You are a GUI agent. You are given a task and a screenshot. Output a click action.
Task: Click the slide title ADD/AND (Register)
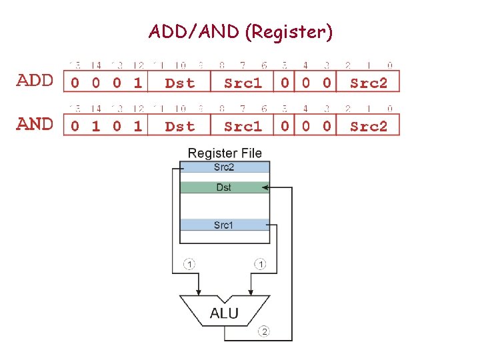[x=241, y=31]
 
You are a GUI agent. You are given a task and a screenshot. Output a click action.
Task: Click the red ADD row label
[x=35, y=81]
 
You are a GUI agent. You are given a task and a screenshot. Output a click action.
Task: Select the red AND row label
[x=35, y=125]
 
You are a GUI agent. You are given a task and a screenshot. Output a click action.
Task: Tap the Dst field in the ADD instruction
[x=179, y=83]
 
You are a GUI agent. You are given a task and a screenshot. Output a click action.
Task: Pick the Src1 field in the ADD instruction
[x=243, y=83]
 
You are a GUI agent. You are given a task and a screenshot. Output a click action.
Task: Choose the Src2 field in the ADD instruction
[x=369, y=83]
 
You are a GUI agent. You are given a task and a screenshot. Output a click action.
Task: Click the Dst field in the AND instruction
[x=179, y=126]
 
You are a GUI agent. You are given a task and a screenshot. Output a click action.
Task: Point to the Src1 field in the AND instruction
[x=243, y=126]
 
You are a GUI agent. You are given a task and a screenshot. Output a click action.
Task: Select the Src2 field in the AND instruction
[x=369, y=126]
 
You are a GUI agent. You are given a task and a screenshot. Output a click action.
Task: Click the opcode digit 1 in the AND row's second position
[x=96, y=126]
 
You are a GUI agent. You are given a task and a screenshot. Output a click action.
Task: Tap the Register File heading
[x=225, y=153]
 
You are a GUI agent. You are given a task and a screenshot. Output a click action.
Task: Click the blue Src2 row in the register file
[x=224, y=167]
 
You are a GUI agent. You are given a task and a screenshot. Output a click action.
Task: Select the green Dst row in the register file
[x=224, y=188]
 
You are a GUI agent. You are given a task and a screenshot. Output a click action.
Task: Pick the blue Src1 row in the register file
[x=224, y=225]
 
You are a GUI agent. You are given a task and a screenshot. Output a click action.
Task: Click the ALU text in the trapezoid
[x=224, y=313]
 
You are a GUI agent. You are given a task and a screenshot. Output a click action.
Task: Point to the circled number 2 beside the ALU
[x=265, y=331]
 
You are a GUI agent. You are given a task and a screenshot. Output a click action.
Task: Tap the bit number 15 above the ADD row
[x=75, y=65]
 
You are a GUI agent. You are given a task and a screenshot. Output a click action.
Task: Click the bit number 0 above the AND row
[x=390, y=109]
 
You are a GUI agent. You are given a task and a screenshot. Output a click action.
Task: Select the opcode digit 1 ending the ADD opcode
[x=137, y=83]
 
